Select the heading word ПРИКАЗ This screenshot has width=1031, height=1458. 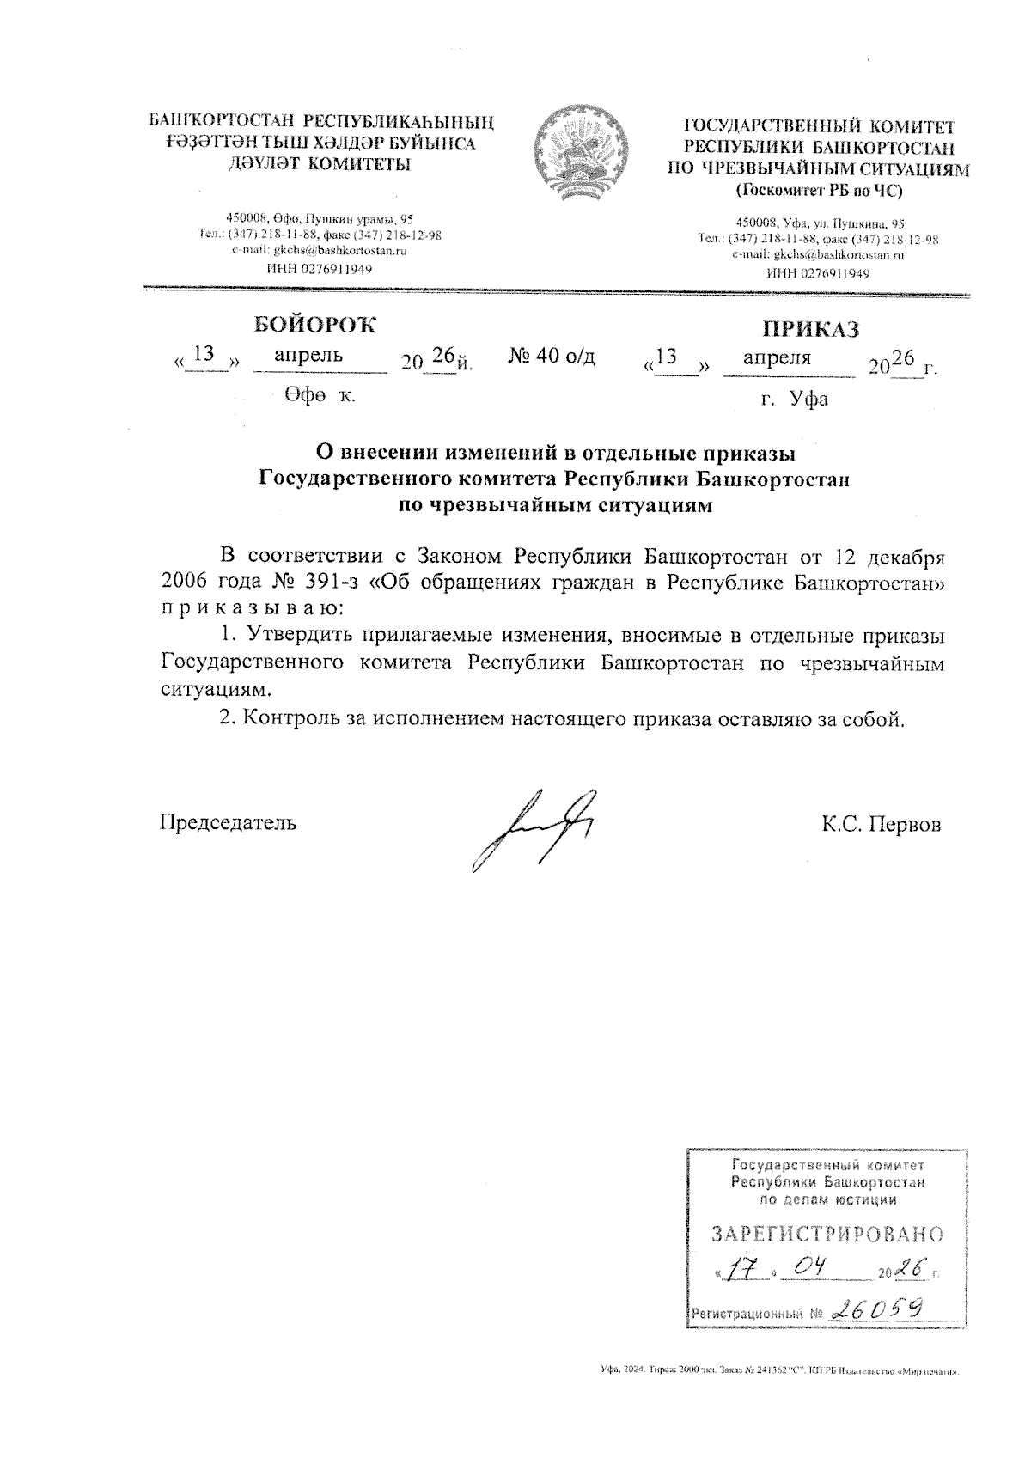(810, 330)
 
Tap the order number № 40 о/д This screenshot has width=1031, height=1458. (552, 356)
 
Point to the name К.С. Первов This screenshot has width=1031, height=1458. (881, 825)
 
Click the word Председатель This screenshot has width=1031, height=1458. (229, 822)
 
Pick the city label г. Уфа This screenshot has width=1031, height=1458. (794, 400)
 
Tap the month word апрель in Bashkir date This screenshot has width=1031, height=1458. (308, 354)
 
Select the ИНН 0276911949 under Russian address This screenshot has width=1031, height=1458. (818, 274)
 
